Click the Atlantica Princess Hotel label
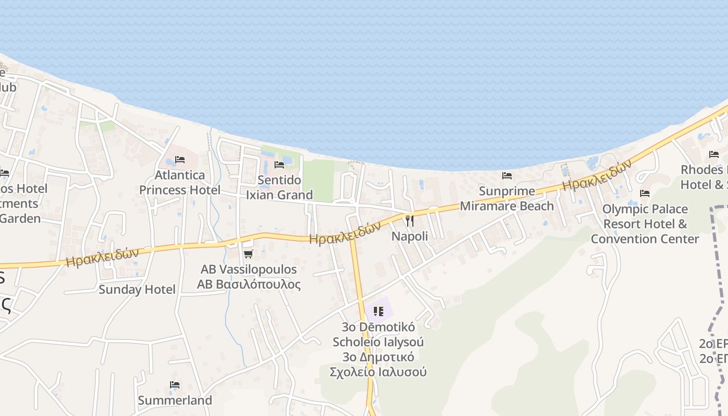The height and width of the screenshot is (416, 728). click(x=179, y=183)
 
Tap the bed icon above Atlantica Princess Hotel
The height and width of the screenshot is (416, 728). click(x=180, y=160)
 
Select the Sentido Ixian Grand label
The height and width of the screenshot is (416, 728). click(x=279, y=188)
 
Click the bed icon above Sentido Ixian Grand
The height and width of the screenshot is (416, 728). click(x=279, y=165)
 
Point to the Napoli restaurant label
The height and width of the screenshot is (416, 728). click(x=410, y=236)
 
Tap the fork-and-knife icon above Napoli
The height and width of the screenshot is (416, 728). click(x=410, y=221)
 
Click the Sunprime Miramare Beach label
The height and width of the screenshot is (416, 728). click(x=507, y=199)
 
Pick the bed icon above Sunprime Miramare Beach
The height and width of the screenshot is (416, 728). click(x=507, y=176)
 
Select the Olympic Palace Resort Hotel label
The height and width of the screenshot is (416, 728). click(x=645, y=224)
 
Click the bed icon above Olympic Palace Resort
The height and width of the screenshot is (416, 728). click(x=645, y=193)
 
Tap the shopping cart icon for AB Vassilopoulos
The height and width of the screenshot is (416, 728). click(x=249, y=254)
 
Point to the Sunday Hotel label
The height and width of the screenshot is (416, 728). click(x=137, y=290)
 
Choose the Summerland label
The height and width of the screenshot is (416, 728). click(x=175, y=400)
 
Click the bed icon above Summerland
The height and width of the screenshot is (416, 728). click(x=175, y=385)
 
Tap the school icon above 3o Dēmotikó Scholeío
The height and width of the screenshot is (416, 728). click(x=379, y=311)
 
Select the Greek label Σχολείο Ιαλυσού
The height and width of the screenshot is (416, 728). click(x=378, y=372)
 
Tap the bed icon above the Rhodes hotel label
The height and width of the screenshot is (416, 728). click(x=714, y=154)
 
